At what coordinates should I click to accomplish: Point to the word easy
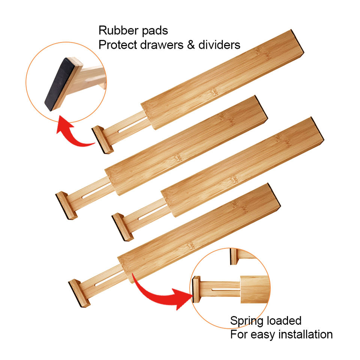pos(261,334)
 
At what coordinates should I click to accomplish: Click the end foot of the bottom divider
pos(79,293)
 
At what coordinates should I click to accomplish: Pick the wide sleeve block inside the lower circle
pos(255,288)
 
